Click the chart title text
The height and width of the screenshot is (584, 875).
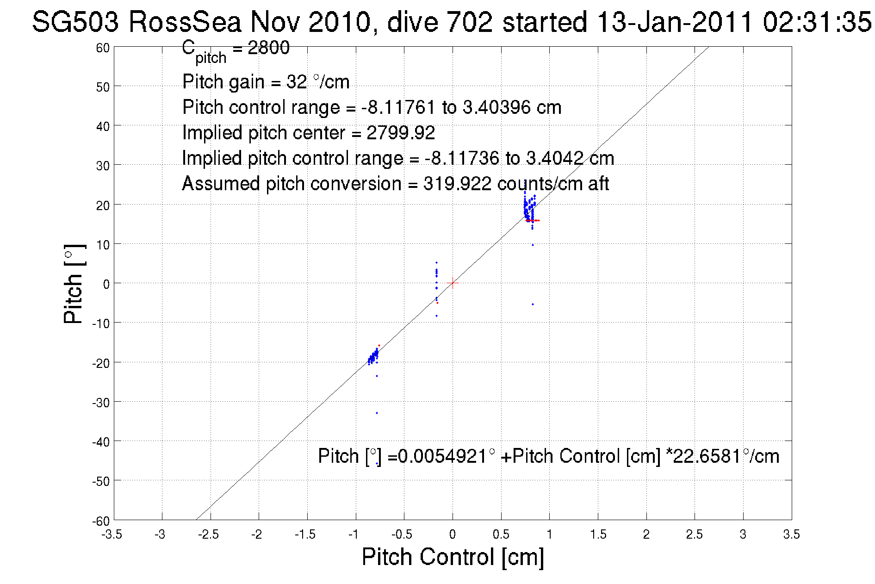[x=451, y=22]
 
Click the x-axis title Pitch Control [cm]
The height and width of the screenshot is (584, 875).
[x=453, y=557]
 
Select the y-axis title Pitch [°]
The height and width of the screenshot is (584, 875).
[x=74, y=283]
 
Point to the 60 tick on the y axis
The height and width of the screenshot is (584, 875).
[x=103, y=48]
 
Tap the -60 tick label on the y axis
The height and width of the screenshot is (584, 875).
[x=100, y=522]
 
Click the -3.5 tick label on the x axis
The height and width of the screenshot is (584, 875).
[x=112, y=535]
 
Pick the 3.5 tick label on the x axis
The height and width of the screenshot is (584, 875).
[x=791, y=535]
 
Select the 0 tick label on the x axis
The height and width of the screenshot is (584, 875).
[x=453, y=535]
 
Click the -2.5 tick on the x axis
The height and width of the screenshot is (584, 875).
[x=209, y=535]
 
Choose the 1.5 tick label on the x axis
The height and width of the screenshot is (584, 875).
[x=597, y=535]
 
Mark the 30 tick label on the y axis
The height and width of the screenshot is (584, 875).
[x=103, y=166]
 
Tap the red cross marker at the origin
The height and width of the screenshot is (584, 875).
[x=453, y=283]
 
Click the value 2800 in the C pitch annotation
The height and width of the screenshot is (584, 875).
[x=268, y=48]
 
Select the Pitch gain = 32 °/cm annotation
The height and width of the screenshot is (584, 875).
[x=266, y=82]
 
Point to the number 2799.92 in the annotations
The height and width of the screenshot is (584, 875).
[x=401, y=133]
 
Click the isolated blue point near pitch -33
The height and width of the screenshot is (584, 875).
[x=377, y=413]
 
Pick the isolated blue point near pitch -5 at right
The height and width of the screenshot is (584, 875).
[x=533, y=304]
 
